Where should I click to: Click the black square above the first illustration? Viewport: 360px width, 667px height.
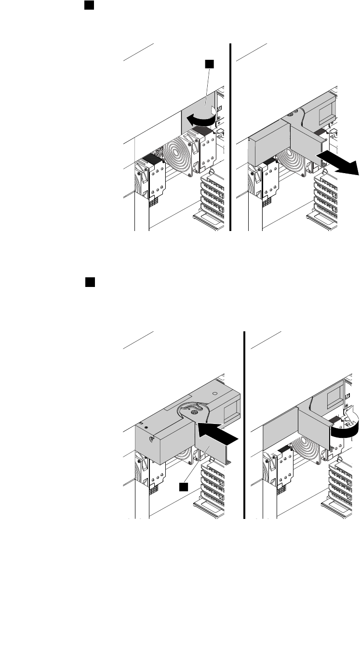pos(89,5)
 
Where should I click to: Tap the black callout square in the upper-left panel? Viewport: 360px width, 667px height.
pos(209,63)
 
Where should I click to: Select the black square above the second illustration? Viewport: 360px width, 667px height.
pos(89,282)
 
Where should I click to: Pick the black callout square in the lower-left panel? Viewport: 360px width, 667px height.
pos(184,487)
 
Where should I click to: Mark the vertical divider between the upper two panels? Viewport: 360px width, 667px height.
pos(231,137)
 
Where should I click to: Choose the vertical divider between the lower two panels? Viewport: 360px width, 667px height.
pos(244,424)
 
